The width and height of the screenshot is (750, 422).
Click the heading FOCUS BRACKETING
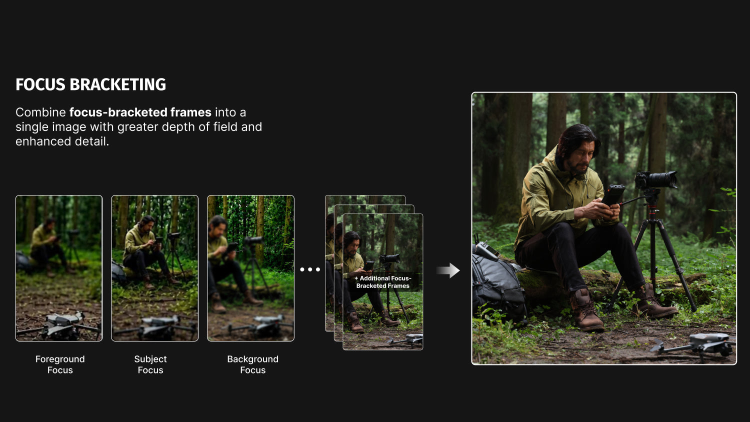coord(90,84)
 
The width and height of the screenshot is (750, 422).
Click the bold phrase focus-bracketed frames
coord(140,112)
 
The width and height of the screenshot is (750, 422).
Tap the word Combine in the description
coord(41,112)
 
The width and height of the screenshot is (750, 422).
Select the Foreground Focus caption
coord(60,364)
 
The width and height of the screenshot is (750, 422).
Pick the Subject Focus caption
coord(150,364)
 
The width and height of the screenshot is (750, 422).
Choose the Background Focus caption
coord(253,364)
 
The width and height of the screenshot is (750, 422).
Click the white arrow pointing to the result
coord(448,270)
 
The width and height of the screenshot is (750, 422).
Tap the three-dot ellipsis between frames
coord(310,269)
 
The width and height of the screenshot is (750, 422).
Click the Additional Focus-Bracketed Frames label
coord(382,282)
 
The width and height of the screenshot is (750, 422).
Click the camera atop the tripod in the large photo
coord(655,180)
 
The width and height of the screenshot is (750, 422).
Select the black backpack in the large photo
coord(497,284)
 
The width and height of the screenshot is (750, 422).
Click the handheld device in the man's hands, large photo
coord(612,195)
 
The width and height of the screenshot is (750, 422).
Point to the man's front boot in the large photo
coord(586,310)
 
